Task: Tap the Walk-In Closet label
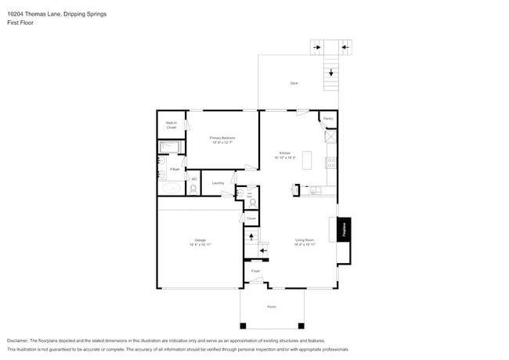[x=171, y=124]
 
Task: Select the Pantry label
[x=328, y=118]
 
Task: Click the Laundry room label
[x=218, y=183]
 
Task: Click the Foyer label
[x=255, y=271]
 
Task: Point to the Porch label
[x=272, y=307]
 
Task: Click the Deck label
[x=294, y=82]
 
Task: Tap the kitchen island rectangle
[x=308, y=161]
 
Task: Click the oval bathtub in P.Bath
[x=169, y=189]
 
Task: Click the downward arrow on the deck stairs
[x=331, y=73]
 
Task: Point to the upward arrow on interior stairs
[x=251, y=235]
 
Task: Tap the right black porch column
[x=300, y=325]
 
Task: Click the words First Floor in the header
[x=21, y=23]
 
